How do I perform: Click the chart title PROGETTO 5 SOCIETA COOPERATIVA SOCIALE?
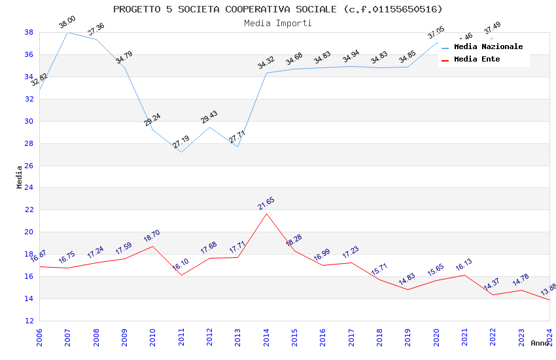[277, 9]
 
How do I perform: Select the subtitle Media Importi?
[277, 23]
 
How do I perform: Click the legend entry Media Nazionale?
[488, 47]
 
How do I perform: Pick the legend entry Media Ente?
[477, 60]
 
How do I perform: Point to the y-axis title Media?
[20, 177]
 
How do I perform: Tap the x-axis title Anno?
[540, 343]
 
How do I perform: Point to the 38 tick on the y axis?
[29, 32]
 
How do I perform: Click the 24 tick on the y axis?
[29, 188]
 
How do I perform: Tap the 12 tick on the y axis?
[29, 321]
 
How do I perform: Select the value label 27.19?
[181, 142]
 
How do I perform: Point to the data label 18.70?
[152, 236]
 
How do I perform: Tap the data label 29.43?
[209, 117]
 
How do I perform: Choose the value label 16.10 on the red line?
[181, 266]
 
